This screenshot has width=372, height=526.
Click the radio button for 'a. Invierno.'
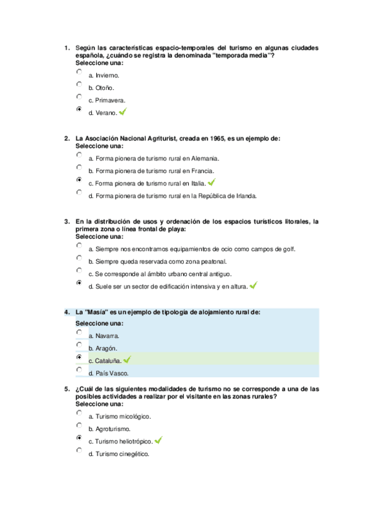(79, 72)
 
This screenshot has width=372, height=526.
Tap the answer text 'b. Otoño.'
(101, 88)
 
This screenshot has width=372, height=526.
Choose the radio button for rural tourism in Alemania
(79, 154)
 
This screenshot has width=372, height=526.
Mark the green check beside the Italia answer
(212, 182)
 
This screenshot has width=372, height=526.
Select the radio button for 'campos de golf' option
(79, 245)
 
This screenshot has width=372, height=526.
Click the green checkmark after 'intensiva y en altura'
(253, 285)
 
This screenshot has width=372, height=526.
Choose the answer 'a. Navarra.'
(104, 336)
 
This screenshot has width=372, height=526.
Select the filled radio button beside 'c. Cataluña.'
(79, 357)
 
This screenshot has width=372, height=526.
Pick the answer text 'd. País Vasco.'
(109, 373)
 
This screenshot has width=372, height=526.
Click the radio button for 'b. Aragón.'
(79, 345)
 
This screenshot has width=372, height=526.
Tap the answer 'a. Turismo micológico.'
(119, 416)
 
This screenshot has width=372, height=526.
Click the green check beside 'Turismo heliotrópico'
(158, 440)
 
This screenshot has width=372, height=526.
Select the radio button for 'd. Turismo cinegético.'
(79, 450)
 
